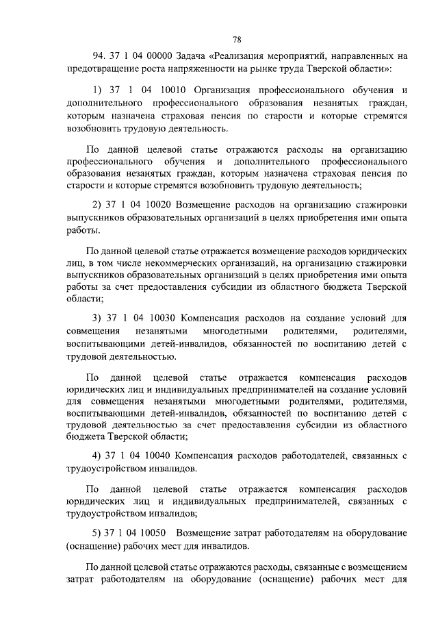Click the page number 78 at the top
point(237,39)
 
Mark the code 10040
point(162,456)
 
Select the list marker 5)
point(96,532)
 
